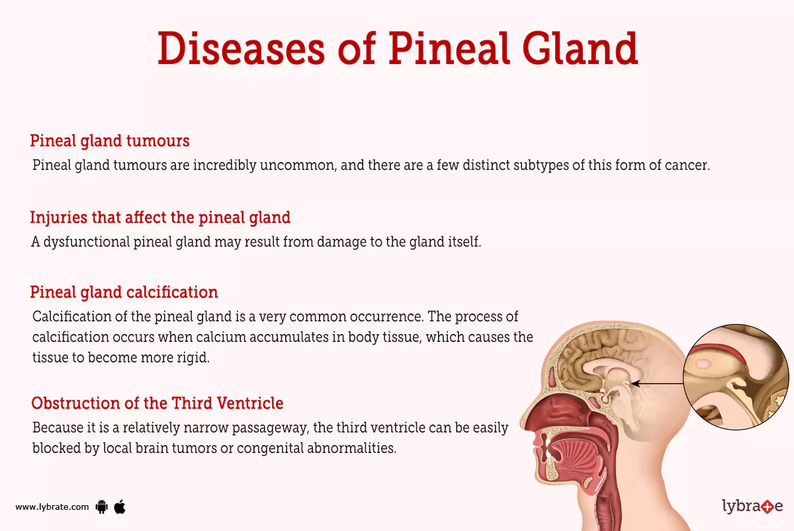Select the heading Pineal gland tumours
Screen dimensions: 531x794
click(x=110, y=141)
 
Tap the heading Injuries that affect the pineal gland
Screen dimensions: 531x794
click(x=160, y=217)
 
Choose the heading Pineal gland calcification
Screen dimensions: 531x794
click(x=124, y=292)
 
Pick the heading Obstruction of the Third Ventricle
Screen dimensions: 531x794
click(x=157, y=403)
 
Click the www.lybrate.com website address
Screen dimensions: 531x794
click(x=52, y=507)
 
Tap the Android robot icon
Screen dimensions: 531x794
click(x=102, y=507)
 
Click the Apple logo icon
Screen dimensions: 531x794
click(x=120, y=507)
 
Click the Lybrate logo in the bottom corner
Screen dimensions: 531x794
click(x=752, y=507)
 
